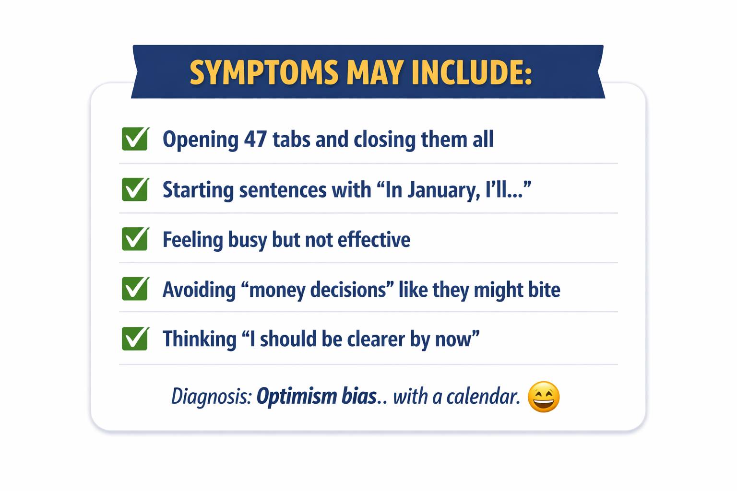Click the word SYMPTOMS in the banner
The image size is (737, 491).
[x=264, y=72]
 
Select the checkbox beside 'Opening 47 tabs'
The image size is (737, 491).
[x=135, y=139]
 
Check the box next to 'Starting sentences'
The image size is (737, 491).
[x=135, y=189]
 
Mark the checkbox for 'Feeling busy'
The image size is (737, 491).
[x=135, y=238]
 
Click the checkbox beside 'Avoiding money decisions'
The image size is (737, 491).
[x=135, y=289]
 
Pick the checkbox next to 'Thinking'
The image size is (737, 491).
[x=135, y=339]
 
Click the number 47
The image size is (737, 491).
[x=255, y=139]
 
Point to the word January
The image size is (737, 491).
[x=443, y=190]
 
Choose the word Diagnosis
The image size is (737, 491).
[x=212, y=396]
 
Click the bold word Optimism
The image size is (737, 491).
[x=297, y=396]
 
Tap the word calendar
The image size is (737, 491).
[x=483, y=396]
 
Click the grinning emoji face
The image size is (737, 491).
[x=544, y=397]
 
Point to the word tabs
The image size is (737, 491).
[x=292, y=139]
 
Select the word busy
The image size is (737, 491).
[x=248, y=240]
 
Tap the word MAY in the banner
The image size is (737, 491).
[x=375, y=72]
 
